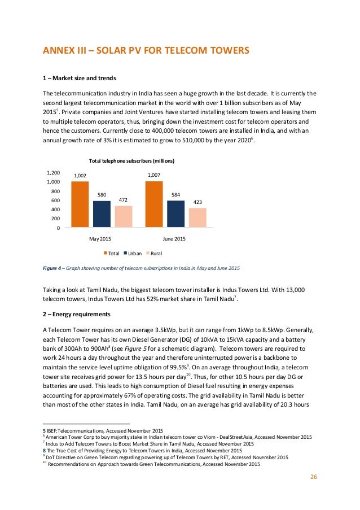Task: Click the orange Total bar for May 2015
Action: tap(80, 204)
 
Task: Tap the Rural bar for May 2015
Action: tap(124, 216)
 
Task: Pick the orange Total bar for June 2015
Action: tap(153, 204)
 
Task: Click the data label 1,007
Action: tap(153, 176)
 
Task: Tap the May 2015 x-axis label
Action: tap(100, 239)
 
